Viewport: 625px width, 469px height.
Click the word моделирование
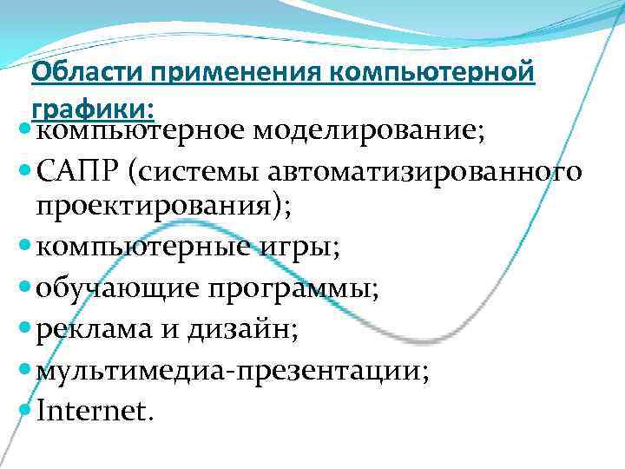(x=370, y=132)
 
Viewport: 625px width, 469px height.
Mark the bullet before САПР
(x=23, y=171)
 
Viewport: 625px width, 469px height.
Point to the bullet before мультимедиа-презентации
(x=23, y=368)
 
